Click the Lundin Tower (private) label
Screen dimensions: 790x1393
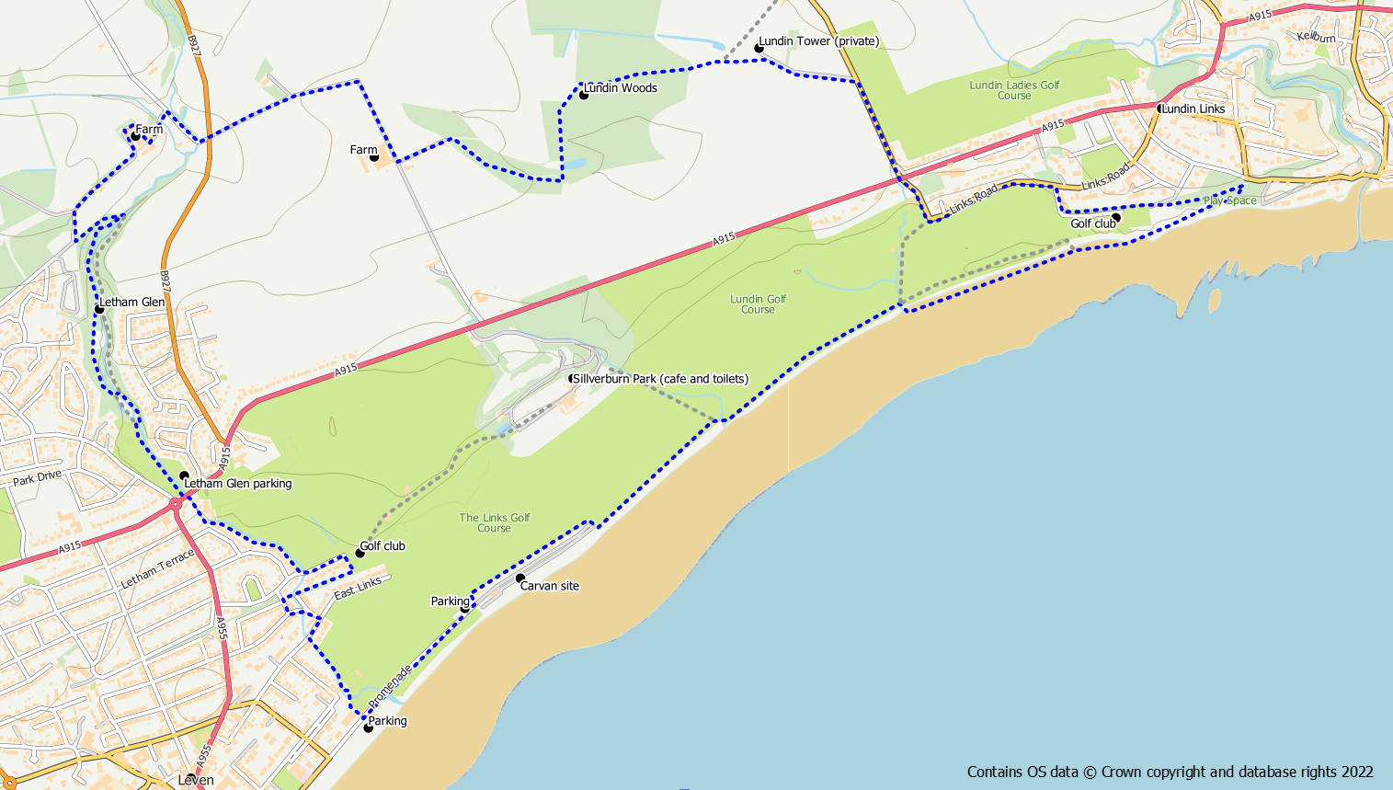tap(818, 41)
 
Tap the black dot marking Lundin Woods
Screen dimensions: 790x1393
tap(583, 95)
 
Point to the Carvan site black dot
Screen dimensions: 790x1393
tap(520, 578)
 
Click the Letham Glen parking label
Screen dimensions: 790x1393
tap(237, 484)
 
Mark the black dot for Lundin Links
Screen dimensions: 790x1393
tap(1160, 109)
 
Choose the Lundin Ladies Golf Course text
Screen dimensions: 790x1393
tap(1014, 90)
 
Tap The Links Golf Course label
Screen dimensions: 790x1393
tap(495, 523)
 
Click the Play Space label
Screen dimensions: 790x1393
tap(1229, 200)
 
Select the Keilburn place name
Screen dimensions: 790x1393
tap(1316, 38)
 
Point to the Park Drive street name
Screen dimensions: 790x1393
tap(37, 477)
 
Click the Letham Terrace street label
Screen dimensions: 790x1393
tap(157, 569)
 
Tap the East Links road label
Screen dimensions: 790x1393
tap(358, 589)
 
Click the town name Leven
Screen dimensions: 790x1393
tap(196, 780)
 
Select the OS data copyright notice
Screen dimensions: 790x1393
tap(1170, 773)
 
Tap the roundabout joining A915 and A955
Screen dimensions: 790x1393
tap(176, 505)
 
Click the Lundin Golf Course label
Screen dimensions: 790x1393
tap(759, 304)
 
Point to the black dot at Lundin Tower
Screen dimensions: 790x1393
tap(759, 48)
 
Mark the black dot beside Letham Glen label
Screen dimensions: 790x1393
tap(99, 309)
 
